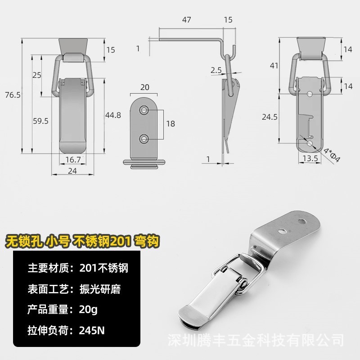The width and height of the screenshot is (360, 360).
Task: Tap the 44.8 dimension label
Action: pyautogui.click(x=112, y=115)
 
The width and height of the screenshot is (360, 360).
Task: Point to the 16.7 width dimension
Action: pyautogui.click(x=73, y=159)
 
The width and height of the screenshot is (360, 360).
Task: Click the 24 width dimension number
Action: pyautogui.click(x=72, y=171)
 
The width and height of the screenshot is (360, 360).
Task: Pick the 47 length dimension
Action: pyautogui.click(x=187, y=20)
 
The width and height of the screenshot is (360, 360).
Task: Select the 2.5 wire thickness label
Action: pyautogui.click(x=215, y=70)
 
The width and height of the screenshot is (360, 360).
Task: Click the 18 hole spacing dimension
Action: pyautogui.click(x=170, y=123)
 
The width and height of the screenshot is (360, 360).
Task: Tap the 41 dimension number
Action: pyautogui.click(x=274, y=65)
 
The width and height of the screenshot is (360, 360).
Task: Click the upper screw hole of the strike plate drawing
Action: pyautogui.click(x=144, y=109)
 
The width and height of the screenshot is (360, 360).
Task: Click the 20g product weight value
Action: pyautogui.click(x=88, y=310)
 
